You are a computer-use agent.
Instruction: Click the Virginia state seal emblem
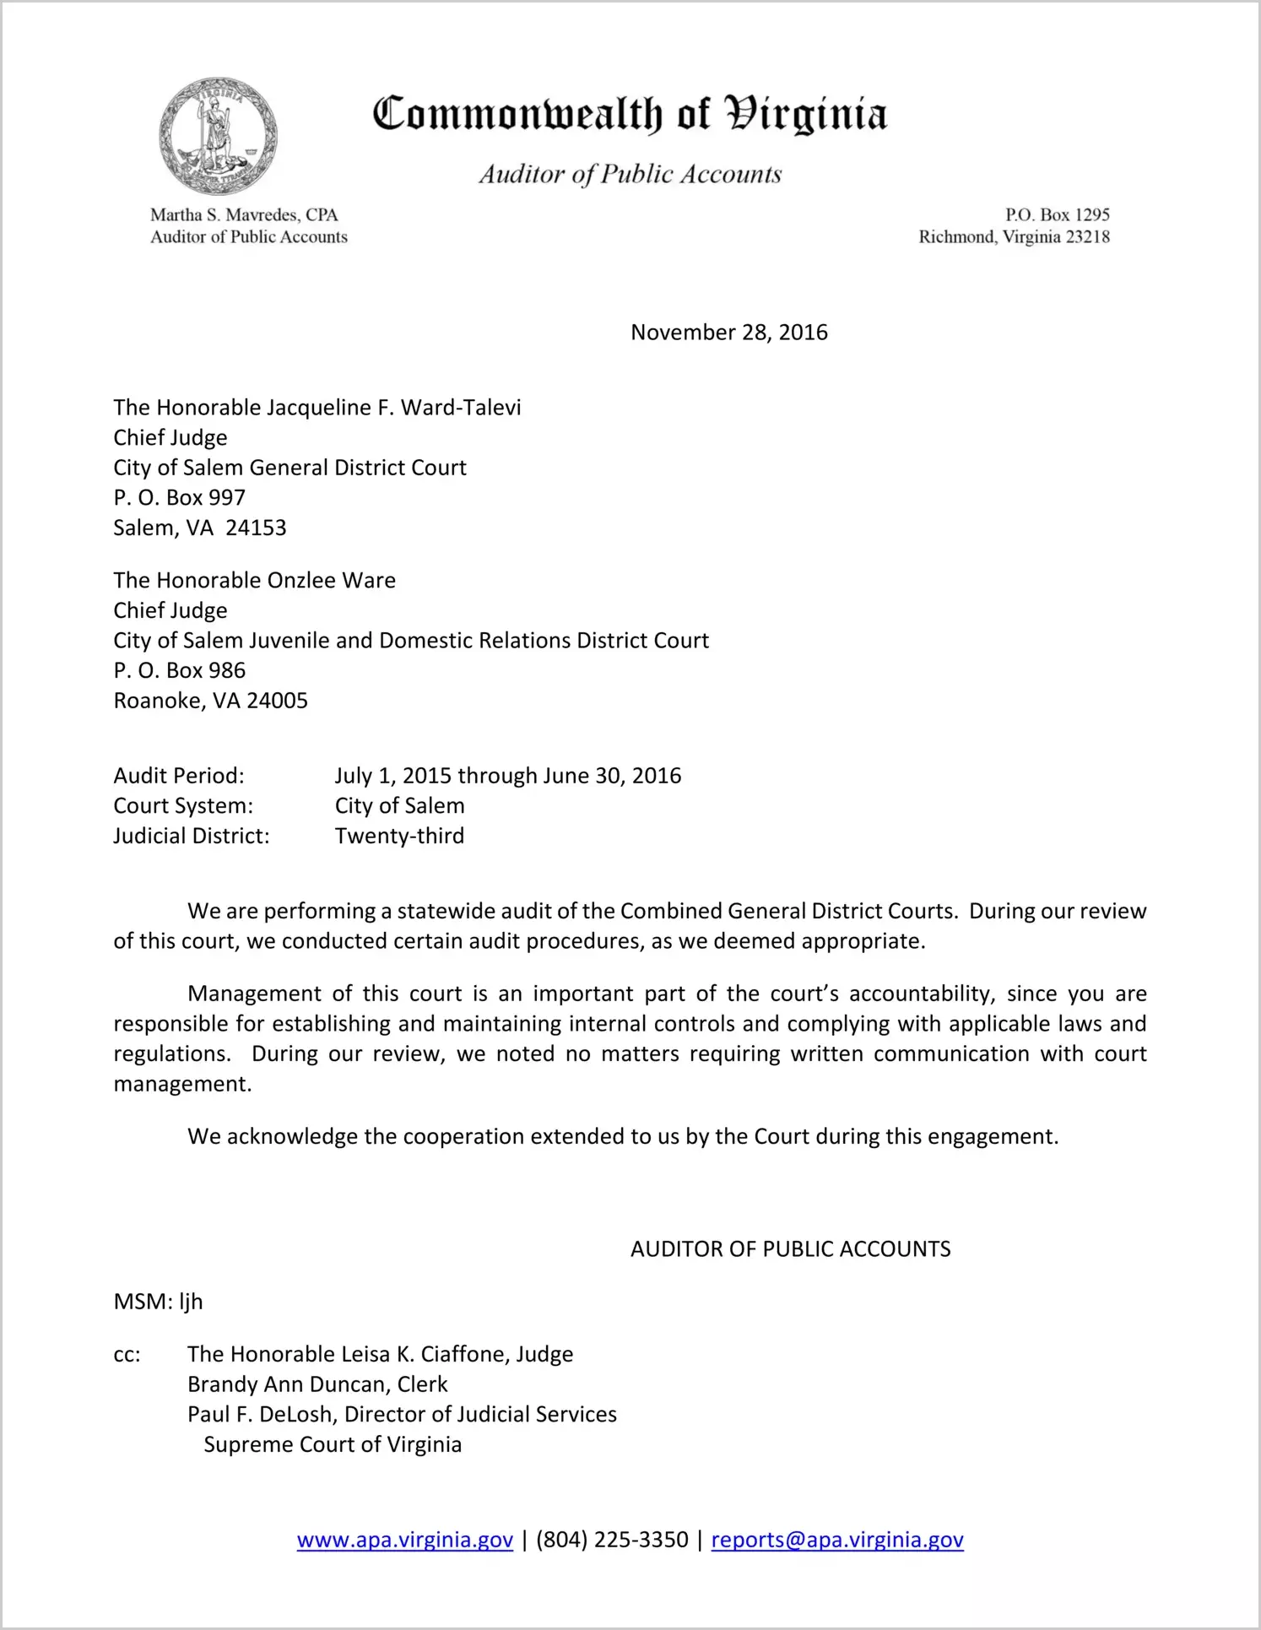click(x=218, y=136)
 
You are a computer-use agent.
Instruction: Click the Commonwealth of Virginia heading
click(x=630, y=115)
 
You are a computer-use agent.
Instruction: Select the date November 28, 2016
click(x=729, y=333)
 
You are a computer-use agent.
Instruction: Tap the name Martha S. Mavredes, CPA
click(x=244, y=215)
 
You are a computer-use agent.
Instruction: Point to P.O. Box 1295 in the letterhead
click(x=1057, y=215)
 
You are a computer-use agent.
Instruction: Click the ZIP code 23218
click(x=1088, y=237)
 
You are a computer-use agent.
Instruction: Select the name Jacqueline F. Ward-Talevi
click(x=394, y=408)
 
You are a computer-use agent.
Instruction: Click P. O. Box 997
click(x=180, y=498)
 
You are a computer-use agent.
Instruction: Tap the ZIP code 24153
click(x=257, y=528)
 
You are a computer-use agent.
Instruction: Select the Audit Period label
click(x=179, y=776)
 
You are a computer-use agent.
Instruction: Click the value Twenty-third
click(x=399, y=836)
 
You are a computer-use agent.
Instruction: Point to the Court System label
click(x=183, y=806)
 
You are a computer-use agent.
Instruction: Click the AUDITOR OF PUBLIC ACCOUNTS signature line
click(x=790, y=1249)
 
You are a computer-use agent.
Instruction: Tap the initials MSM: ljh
click(x=158, y=1302)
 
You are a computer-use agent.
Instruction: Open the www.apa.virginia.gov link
click(x=405, y=1540)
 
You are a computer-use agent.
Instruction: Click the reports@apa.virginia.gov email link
click(x=837, y=1540)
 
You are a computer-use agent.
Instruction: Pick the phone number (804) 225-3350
click(x=612, y=1540)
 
